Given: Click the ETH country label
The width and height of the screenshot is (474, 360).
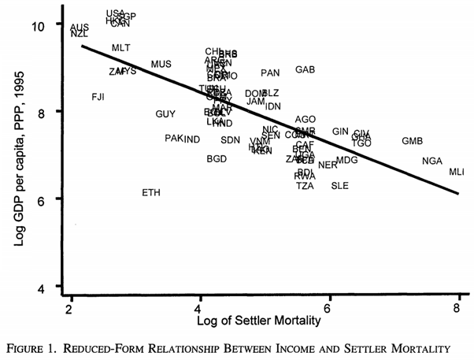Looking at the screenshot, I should (152, 192).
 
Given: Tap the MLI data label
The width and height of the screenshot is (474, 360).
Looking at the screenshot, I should (457, 172).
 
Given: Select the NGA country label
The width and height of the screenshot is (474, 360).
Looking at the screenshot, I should (432, 161).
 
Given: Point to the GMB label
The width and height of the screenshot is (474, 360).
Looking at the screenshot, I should (412, 142).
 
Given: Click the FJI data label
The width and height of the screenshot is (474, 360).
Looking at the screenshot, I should (98, 97).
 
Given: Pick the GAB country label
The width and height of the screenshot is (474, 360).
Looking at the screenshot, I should (306, 70).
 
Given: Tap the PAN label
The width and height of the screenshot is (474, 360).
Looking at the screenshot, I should (270, 73).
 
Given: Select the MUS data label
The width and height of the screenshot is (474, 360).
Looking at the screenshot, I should (161, 64).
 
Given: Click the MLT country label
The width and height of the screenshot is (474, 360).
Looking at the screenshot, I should (121, 48).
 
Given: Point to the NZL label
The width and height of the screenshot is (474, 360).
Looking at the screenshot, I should (80, 34).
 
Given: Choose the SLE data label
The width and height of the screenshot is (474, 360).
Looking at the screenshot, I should (340, 186).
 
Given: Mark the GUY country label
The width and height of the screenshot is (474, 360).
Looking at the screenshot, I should (165, 114).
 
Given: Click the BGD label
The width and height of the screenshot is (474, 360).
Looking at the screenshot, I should (217, 158).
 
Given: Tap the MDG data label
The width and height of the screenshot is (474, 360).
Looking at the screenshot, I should (346, 161).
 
